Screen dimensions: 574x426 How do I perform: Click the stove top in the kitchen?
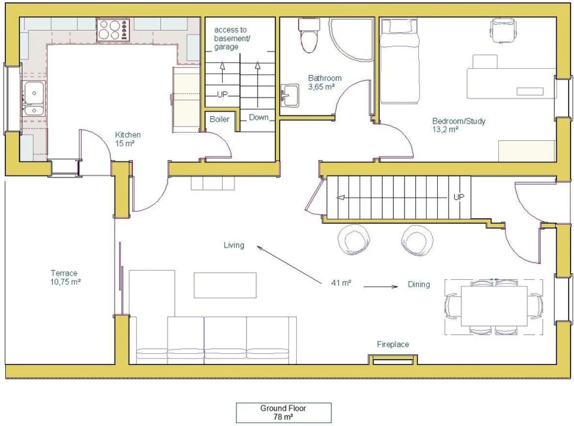(114, 30)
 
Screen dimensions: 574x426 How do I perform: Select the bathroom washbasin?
(290, 96)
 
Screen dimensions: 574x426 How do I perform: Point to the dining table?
(494, 306)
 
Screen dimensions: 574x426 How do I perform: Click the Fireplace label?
(393, 344)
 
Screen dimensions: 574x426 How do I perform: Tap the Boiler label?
(219, 119)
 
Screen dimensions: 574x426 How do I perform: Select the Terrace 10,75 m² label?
(65, 277)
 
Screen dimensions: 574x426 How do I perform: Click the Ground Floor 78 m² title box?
(283, 412)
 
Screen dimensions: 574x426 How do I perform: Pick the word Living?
(234, 245)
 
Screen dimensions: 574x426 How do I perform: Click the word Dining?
(419, 285)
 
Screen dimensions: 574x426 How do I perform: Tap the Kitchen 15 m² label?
(128, 139)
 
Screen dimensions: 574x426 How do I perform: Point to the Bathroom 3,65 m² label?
(325, 82)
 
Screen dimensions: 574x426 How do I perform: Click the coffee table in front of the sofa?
(225, 285)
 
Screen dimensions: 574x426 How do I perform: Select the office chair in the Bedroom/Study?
(504, 30)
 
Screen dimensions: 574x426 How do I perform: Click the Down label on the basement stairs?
(258, 117)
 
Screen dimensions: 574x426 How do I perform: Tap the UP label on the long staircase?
(458, 197)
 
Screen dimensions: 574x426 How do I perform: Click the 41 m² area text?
(341, 283)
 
